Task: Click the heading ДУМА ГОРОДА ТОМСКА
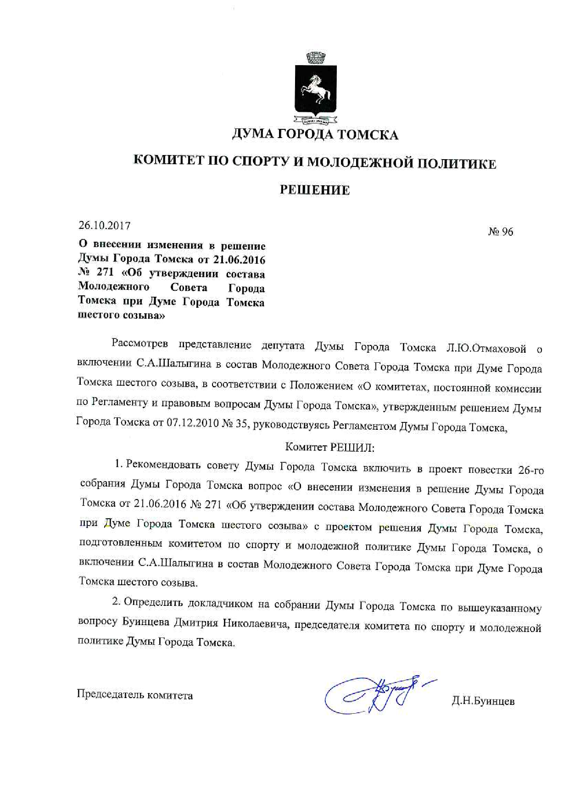point(315,134)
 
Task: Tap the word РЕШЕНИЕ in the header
point(315,190)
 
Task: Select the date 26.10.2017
point(105,226)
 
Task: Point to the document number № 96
point(501,232)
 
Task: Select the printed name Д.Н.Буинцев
point(483,701)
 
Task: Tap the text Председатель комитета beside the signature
point(135,695)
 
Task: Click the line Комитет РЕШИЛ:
point(330,447)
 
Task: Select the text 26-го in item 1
point(531,470)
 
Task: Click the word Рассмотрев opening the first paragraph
point(139,344)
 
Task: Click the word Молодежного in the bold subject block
point(114,287)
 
